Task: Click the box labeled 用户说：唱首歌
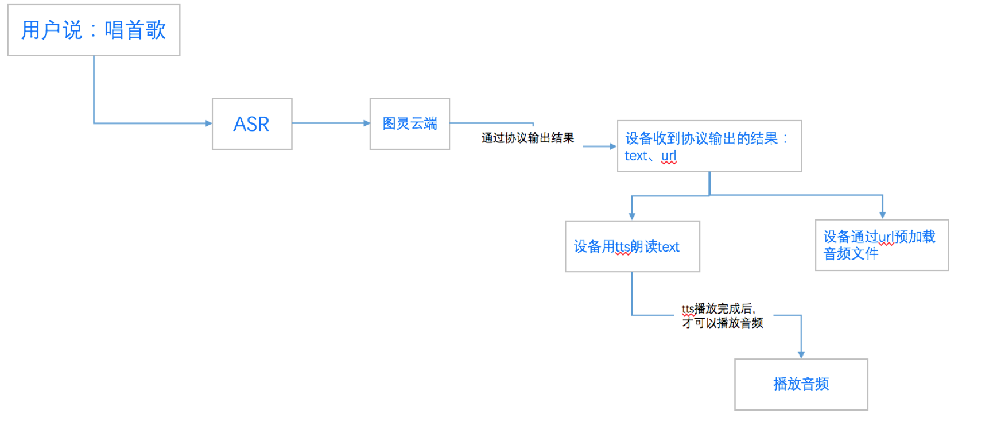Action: (94, 30)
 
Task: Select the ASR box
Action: (252, 124)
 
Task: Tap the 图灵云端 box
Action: (410, 124)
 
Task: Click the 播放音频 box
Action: (801, 384)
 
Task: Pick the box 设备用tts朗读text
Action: (632, 246)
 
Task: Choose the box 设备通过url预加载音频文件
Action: (882, 245)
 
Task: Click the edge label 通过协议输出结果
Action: (527, 138)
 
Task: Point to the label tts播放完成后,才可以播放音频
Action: (722, 316)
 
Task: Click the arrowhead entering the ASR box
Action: (208, 123)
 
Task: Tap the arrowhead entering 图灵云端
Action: (366, 123)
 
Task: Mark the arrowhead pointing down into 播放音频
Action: (801, 355)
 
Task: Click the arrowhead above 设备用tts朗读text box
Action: (632, 217)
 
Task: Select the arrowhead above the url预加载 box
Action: (882, 215)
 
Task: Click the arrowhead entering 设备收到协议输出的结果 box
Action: (612, 146)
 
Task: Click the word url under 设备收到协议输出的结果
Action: (669, 156)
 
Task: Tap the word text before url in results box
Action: (636, 156)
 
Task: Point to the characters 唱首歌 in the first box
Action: (135, 30)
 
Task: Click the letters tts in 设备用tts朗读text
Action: (623, 247)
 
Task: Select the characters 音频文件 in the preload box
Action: (851, 254)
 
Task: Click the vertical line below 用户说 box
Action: (94, 89)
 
